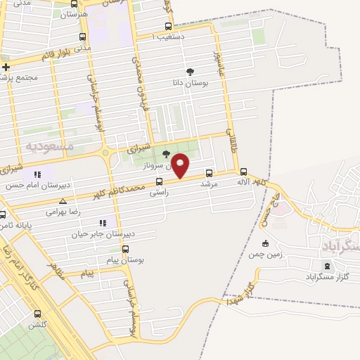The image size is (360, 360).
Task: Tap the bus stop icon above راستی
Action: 159,181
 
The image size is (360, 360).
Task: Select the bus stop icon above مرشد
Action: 208,172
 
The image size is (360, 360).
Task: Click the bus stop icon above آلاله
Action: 244,172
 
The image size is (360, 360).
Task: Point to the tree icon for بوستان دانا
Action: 189,72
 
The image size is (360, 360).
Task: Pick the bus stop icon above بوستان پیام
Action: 126,249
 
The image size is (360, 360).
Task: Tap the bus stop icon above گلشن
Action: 37,314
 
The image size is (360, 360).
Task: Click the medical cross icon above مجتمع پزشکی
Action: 6,67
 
